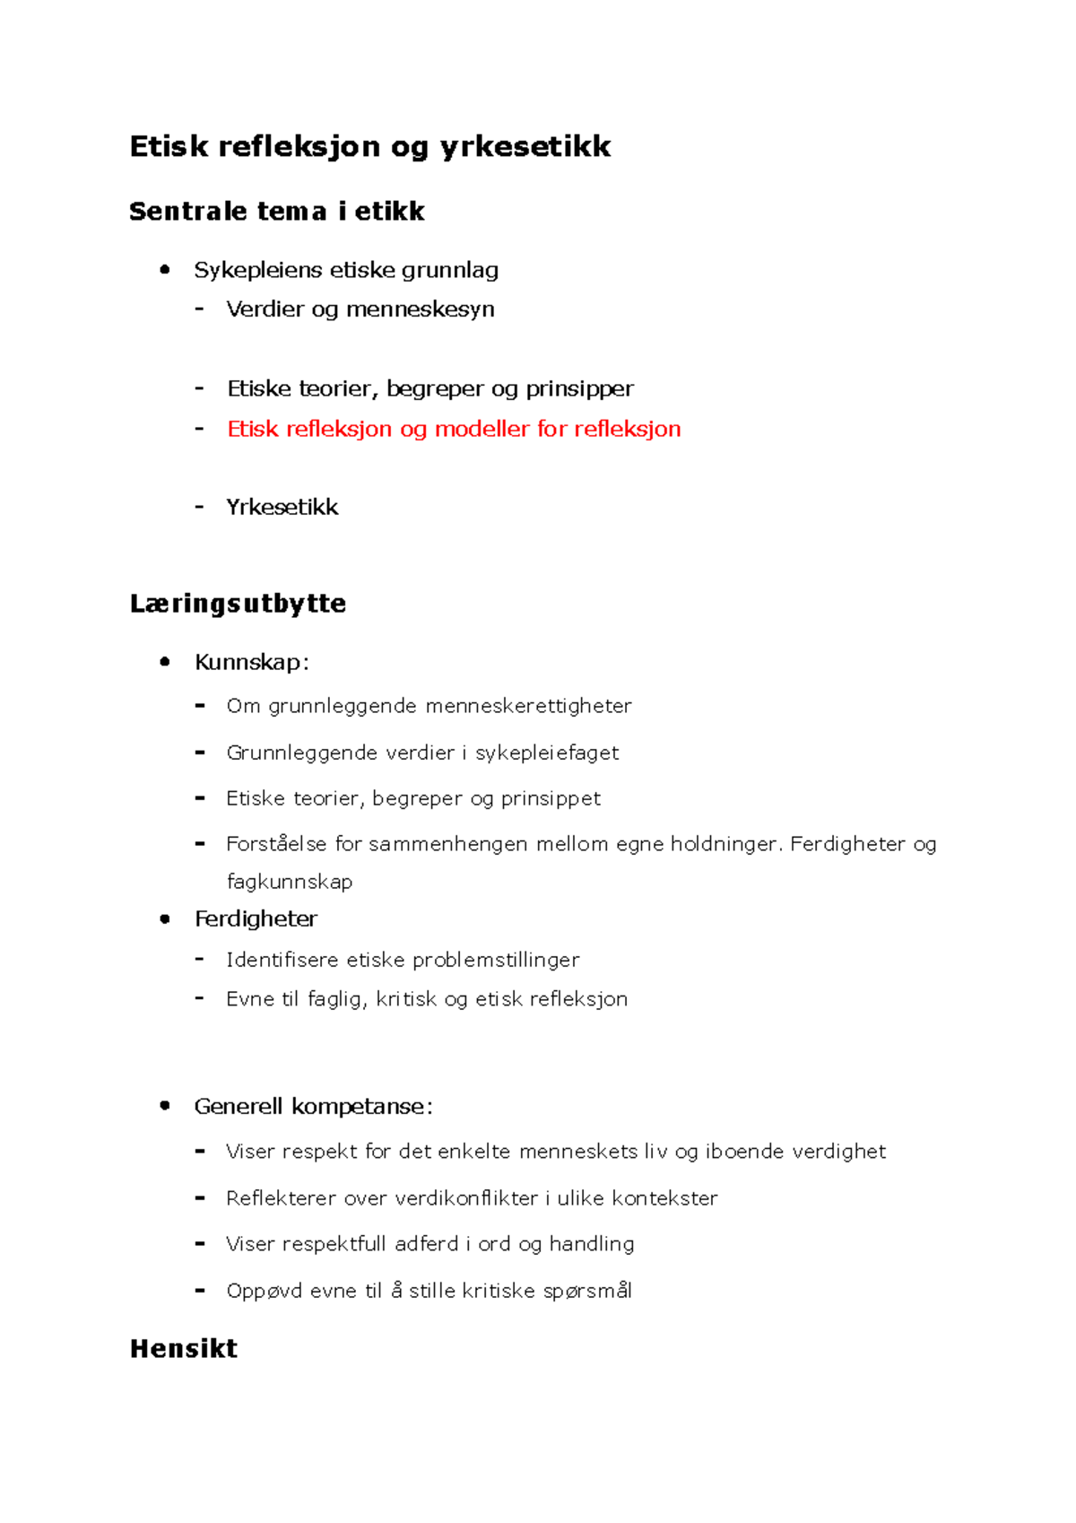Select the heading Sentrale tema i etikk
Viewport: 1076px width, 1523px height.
(276, 212)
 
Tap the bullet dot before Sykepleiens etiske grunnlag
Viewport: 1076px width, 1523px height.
(164, 269)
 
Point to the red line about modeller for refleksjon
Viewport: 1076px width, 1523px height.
(454, 429)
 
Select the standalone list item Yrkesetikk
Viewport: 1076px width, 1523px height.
(282, 508)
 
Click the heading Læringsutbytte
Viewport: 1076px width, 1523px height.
(238, 604)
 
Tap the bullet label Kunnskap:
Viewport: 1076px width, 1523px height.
(252, 663)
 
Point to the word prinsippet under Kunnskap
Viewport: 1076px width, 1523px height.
(550, 799)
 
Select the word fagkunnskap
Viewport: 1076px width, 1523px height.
(289, 883)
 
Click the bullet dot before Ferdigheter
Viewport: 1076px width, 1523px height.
(164, 918)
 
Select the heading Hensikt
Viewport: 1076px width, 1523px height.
(184, 1349)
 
